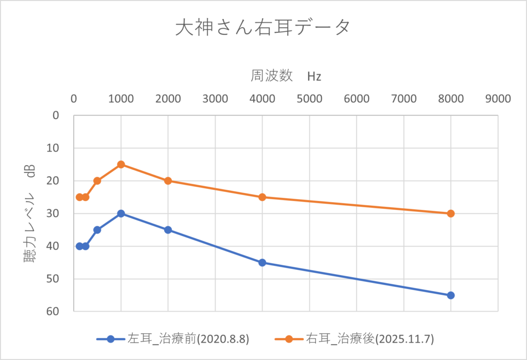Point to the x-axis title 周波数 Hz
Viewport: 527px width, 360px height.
[x=286, y=76]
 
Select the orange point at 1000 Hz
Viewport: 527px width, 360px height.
[x=121, y=165]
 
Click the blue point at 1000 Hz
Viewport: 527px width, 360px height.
[x=121, y=213]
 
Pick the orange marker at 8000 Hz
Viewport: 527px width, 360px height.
[x=451, y=213]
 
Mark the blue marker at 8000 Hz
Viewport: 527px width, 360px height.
[x=451, y=295]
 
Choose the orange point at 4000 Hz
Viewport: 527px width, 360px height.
[x=262, y=197]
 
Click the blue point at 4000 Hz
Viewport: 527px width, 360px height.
[x=262, y=262]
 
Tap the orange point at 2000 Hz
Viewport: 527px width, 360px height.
[x=168, y=181]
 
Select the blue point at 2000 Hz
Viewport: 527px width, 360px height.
[x=168, y=230]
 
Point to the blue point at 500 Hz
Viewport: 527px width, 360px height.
[x=97, y=230]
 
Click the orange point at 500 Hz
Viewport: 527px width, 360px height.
[x=97, y=181]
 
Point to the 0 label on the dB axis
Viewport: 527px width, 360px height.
[x=57, y=115]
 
